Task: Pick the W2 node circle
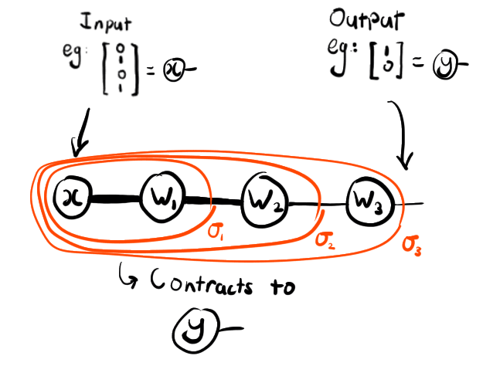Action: click(x=263, y=202)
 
